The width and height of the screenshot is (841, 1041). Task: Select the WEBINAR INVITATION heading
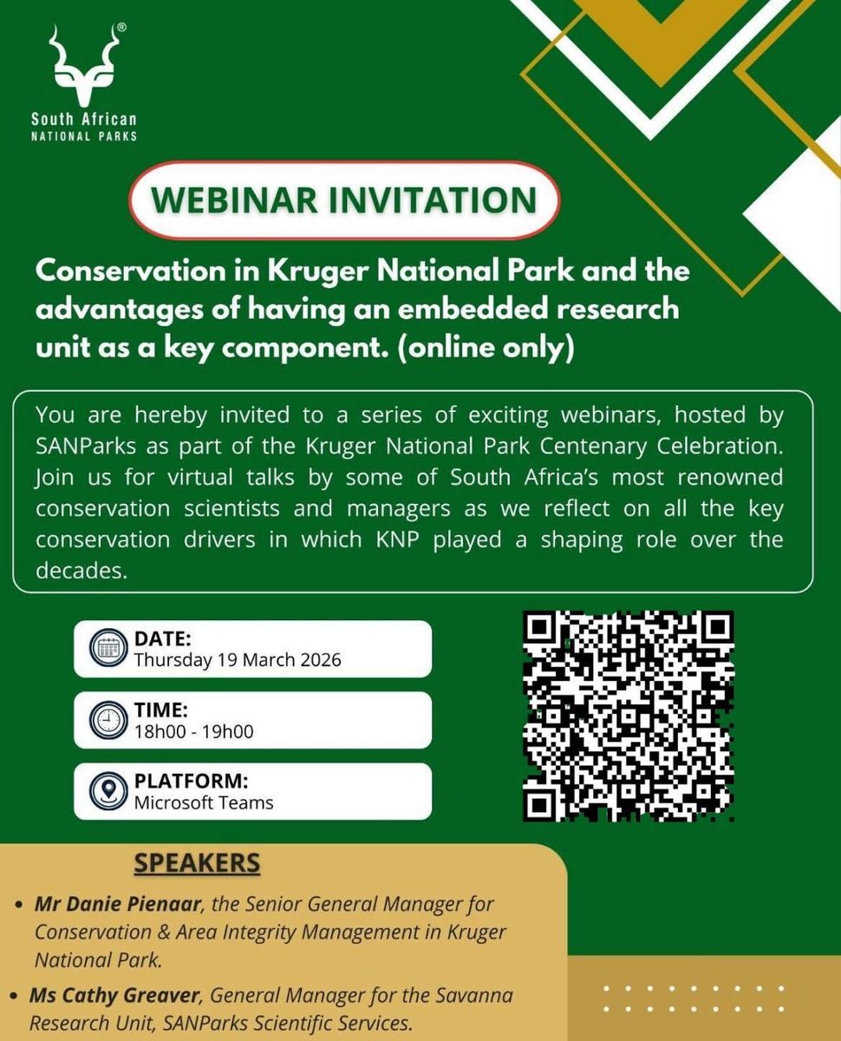click(x=343, y=200)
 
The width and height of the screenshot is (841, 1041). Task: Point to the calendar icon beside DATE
click(x=108, y=649)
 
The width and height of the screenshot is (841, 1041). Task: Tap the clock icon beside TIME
click(x=108, y=720)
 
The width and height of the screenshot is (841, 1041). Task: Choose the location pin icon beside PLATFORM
click(x=108, y=791)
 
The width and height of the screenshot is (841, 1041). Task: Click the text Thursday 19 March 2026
click(x=238, y=660)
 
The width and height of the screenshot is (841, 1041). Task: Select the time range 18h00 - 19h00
click(x=193, y=731)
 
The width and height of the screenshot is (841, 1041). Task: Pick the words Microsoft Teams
click(x=204, y=802)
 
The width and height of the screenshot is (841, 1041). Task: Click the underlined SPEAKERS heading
click(x=197, y=864)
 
